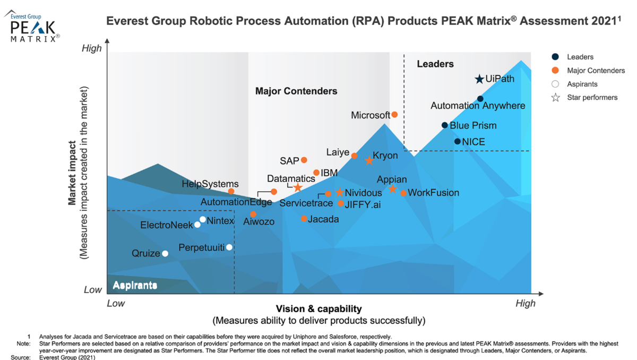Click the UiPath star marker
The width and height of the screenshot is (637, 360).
479,79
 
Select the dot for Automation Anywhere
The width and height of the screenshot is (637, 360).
480,99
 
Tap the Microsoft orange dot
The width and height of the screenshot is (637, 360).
394,115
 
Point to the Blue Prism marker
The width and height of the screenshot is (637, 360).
445,125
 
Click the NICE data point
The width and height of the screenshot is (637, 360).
457,141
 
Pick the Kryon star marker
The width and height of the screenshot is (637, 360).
369,160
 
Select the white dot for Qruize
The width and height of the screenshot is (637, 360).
165,254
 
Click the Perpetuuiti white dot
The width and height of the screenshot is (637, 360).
229,247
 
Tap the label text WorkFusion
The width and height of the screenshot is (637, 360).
433,193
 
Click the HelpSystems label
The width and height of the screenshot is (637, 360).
210,184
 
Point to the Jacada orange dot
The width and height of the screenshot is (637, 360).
304,219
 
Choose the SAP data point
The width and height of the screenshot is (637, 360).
304,160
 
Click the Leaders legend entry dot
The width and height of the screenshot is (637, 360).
555,57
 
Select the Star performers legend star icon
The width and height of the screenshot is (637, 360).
555,98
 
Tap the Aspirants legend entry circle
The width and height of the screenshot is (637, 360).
555,84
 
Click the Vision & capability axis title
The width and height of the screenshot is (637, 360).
318,308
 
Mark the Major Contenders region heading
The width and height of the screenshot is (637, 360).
296,91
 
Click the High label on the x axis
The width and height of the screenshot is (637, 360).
526,303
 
